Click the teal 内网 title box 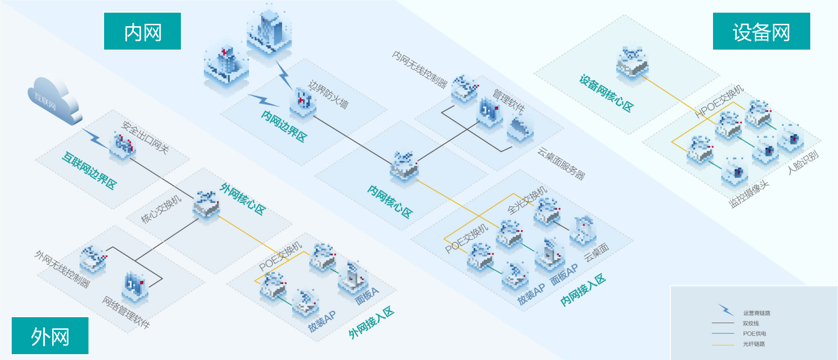[x=143, y=32]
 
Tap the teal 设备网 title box [x=761, y=32]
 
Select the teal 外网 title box [x=50, y=336]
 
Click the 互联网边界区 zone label [x=89, y=171]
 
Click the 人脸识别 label [x=803, y=162]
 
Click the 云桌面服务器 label [x=561, y=164]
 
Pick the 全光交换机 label [x=527, y=200]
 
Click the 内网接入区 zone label [x=583, y=290]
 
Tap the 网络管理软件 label [x=126, y=312]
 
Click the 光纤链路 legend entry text [x=754, y=344]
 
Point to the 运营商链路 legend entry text [x=756, y=313]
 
